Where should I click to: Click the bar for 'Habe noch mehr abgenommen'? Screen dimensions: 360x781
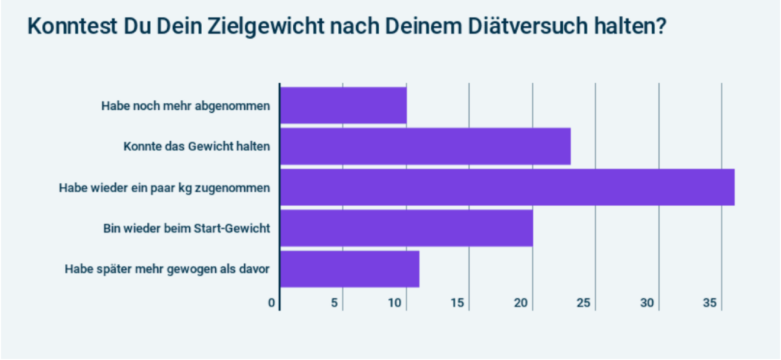[343, 105]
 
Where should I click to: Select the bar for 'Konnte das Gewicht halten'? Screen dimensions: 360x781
[426, 146]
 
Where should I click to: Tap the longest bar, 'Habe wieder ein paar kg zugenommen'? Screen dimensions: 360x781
[507, 187]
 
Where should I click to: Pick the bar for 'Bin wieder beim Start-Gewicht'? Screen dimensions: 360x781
[407, 228]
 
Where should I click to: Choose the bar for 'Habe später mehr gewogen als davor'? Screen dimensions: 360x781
[350, 268]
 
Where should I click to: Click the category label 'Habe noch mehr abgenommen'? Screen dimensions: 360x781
[185, 105]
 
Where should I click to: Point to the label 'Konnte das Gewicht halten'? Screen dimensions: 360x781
[197, 146]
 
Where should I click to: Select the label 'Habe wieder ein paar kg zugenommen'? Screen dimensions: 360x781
[165, 187]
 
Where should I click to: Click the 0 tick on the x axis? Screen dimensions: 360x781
[272, 304]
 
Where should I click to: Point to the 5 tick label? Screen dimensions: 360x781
[335, 304]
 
